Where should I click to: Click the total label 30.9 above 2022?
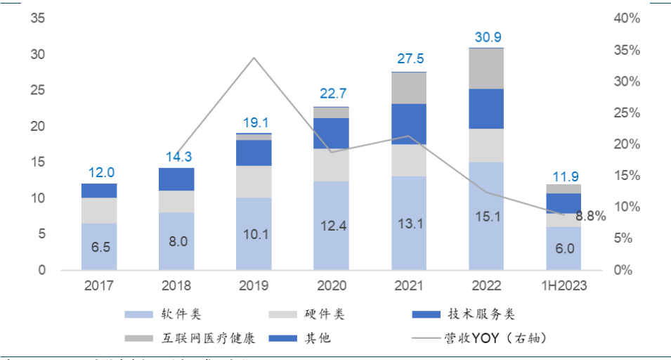point(488,37)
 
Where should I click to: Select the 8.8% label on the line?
point(591,216)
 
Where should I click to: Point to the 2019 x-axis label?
point(254,287)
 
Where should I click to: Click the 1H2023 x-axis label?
point(563,287)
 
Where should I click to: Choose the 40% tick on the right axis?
point(627,18)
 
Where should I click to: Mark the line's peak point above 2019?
point(254,58)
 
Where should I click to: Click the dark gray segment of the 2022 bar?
point(486,68)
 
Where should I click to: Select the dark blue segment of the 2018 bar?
point(176,179)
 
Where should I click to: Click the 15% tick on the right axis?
point(627,176)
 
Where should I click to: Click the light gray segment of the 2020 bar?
point(331,165)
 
